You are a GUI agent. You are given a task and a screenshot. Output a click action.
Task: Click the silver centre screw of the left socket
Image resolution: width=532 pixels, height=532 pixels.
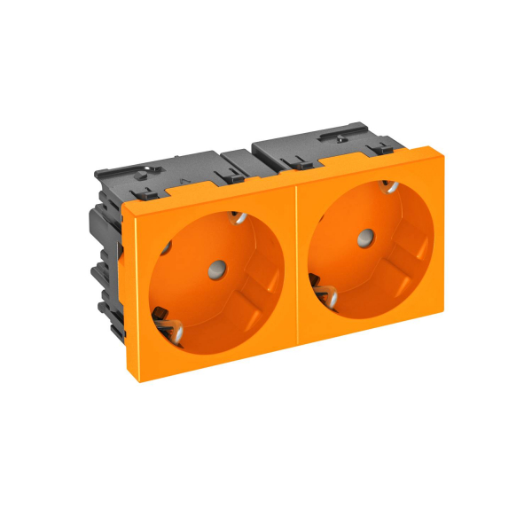click(x=215, y=265)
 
